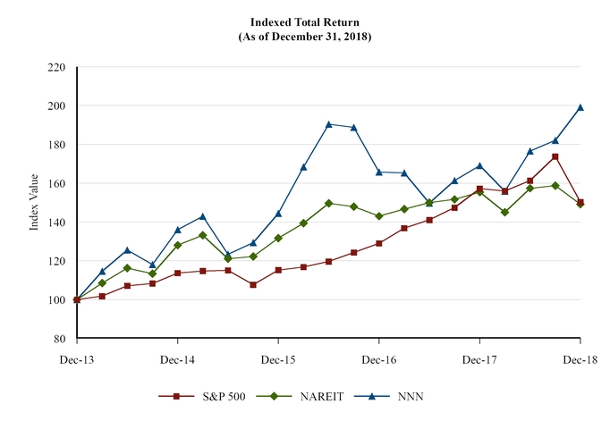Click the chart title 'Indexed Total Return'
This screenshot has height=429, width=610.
pyautogui.click(x=304, y=21)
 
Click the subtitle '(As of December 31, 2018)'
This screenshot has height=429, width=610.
pyautogui.click(x=304, y=37)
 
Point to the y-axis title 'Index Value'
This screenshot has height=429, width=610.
pyautogui.click(x=34, y=203)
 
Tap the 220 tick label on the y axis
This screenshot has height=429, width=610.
pyautogui.click(x=56, y=67)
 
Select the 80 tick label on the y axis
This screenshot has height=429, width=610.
pyautogui.click(x=59, y=339)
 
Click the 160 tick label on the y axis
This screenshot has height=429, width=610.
pyautogui.click(x=56, y=183)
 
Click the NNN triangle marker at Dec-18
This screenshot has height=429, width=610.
pyautogui.click(x=580, y=107)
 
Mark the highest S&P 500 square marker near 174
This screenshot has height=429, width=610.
pyautogui.click(x=555, y=156)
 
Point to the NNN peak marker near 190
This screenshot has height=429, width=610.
pyautogui.click(x=329, y=124)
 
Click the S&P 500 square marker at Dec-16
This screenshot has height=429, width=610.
pyautogui.click(x=379, y=243)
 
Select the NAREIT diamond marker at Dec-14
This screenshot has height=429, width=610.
pyautogui.click(x=178, y=245)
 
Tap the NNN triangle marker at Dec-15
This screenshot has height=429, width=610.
pyautogui.click(x=278, y=214)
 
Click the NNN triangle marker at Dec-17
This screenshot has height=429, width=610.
pyautogui.click(x=479, y=165)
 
